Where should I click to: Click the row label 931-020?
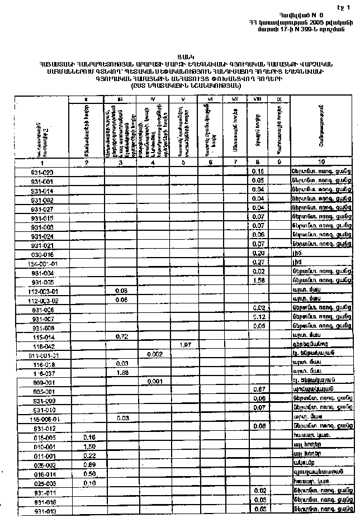pos(42,172)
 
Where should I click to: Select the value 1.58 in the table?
pos(258,281)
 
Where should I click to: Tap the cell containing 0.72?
pos(121,336)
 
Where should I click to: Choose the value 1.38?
pos(121,372)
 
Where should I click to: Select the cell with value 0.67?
pos(258,389)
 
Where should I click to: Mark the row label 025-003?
pos(42,483)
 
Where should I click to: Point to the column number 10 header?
pos(321,161)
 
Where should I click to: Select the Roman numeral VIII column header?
pos(258,99)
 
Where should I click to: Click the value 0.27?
pos(258,263)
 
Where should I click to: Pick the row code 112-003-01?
pos(42,291)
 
